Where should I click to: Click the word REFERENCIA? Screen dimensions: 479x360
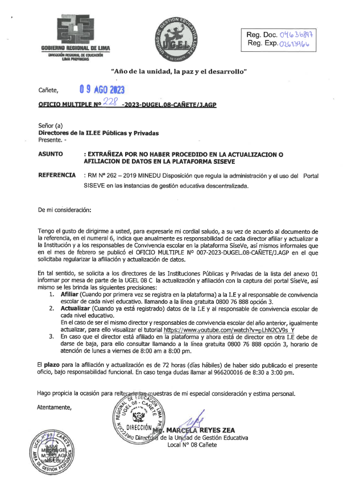(56, 176)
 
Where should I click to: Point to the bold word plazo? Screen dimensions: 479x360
(54, 363)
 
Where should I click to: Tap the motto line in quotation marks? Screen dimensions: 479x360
(180, 72)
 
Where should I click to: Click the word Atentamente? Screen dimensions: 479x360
(54, 407)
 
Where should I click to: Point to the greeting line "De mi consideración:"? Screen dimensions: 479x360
(64, 210)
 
